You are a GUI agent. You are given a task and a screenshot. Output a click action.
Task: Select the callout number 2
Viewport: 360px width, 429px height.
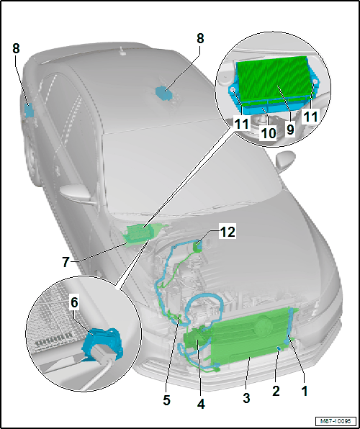[x=276, y=392]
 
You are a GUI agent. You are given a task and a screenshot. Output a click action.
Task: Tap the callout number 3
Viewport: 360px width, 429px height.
[x=246, y=398]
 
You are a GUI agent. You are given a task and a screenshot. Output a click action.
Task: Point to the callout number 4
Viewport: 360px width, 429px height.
[x=201, y=404]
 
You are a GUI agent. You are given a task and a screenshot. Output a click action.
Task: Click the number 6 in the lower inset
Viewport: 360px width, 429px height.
[x=74, y=304]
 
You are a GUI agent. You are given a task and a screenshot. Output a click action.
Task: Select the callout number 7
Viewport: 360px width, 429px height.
[x=66, y=263]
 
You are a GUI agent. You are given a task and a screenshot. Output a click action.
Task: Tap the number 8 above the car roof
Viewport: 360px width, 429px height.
[x=200, y=39]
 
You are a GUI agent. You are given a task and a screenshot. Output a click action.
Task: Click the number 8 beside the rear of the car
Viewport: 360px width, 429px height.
[x=16, y=49]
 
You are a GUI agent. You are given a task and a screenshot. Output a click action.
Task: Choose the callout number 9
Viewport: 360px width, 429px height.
[x=290, y=130]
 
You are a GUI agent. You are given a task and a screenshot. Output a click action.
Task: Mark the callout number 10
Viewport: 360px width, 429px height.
[x=269, y=133]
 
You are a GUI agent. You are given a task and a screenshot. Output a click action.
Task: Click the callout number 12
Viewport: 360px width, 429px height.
[x=227, y=232]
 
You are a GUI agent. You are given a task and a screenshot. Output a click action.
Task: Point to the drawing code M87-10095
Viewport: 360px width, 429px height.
[x=336, y=420]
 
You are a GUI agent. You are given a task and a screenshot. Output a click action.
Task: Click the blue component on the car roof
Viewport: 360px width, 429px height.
[x=163, y=94]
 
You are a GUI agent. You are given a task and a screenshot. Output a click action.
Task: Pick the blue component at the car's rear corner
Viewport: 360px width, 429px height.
[x=29, y=111]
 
